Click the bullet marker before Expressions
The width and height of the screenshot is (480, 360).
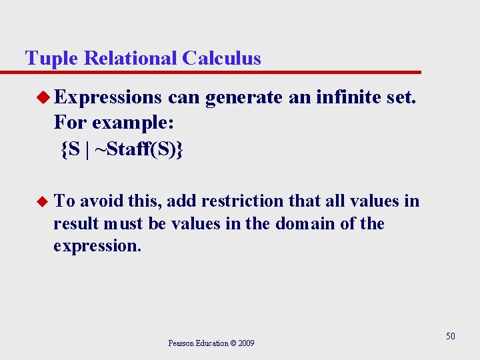point(44,99)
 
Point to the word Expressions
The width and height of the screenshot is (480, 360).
point(108,99)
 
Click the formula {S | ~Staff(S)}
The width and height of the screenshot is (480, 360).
point(121,150)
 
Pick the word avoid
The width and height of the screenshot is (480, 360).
point(103,201)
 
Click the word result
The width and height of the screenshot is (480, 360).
point(75,223)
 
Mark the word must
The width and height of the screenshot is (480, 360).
point(125,223)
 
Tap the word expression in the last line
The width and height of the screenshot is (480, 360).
point(97,246)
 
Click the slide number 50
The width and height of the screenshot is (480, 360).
point(451,336)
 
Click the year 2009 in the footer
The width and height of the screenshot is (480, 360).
point(245,343)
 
